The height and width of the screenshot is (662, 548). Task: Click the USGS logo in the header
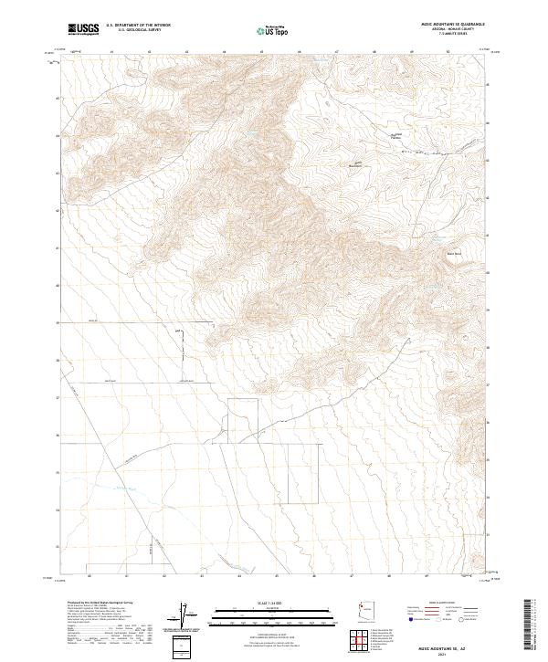click(83, 30)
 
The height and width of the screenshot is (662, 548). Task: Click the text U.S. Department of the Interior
click(138, 26)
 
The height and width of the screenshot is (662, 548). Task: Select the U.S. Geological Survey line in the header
click(138, 31)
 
